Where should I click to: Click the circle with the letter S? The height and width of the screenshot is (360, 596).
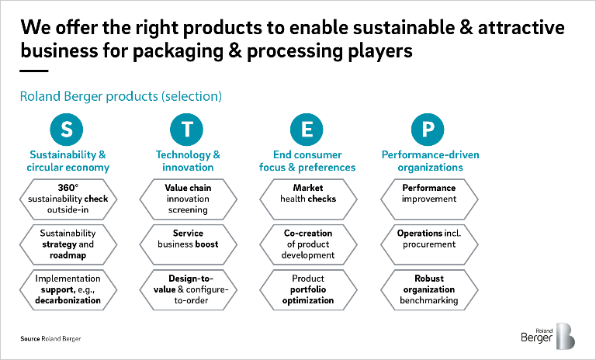click(67, 130)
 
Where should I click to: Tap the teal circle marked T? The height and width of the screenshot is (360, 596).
click(186, 130)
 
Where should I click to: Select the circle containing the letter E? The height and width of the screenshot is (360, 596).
click(307, 130)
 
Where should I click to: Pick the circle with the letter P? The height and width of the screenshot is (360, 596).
click(428, 130)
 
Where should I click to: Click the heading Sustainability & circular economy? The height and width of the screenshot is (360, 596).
click(68, 161)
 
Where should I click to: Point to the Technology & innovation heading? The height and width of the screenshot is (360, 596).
click(188, 161)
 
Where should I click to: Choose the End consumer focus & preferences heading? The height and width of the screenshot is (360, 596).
click(307, 161)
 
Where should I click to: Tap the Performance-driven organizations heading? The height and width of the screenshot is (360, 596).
click(430, 161)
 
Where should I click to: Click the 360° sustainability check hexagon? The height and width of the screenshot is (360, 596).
click(68, 199)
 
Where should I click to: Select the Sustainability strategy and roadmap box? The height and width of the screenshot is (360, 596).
click(68, 244)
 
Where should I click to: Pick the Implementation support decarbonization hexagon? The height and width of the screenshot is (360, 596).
click(68, 289)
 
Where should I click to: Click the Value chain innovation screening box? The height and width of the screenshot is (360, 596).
click(188, 199)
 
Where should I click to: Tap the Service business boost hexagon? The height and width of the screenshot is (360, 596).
click(188, 244)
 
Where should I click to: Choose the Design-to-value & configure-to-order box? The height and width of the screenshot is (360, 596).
click(188, 289)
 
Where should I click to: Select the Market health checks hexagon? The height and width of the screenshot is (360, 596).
click(308, 199)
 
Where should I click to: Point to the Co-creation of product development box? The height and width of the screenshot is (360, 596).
click(308, 244)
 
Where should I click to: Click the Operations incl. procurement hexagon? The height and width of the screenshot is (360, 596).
click(429, 244)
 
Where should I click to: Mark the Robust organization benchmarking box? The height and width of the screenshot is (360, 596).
click(429, 289)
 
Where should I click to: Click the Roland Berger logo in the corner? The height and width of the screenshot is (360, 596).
click(548, 336)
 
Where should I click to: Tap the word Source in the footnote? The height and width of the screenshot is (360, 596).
click(30, 339)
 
